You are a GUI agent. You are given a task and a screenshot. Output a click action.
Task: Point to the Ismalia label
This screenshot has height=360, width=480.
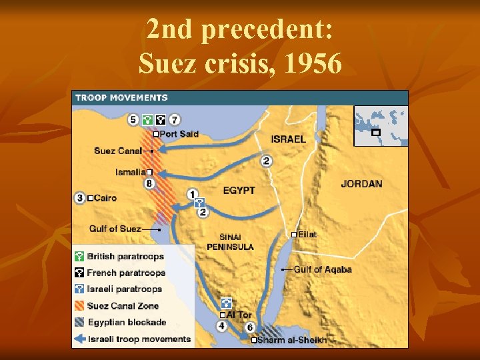[131, 172]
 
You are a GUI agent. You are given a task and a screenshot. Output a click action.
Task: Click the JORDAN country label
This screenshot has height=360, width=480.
[361, 184]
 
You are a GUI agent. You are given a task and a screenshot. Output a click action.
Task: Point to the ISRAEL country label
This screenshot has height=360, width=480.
[289, 139]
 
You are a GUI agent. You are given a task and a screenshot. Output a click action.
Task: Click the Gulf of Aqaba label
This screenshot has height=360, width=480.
[323, 269]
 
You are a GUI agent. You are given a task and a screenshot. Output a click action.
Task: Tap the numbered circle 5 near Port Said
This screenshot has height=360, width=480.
[133, 120]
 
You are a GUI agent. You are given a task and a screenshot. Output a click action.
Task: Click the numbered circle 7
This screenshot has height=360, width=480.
[175, 120]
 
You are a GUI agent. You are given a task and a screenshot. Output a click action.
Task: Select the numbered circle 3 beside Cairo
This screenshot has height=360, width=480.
[80, 198]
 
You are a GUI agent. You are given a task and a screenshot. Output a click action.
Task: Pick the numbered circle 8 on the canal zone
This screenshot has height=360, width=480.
[149, 183]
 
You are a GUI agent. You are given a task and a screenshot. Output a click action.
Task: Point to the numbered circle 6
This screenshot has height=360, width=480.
[250, 327]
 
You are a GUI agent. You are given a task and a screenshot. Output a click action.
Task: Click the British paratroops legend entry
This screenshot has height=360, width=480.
[125, 257]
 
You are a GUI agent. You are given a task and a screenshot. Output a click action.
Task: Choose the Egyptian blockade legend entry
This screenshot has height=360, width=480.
[127, 322]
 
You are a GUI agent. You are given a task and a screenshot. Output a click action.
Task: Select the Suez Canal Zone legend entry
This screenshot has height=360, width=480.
[123, 306]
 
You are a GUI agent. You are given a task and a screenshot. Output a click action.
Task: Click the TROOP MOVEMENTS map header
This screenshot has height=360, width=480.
[121, 97]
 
